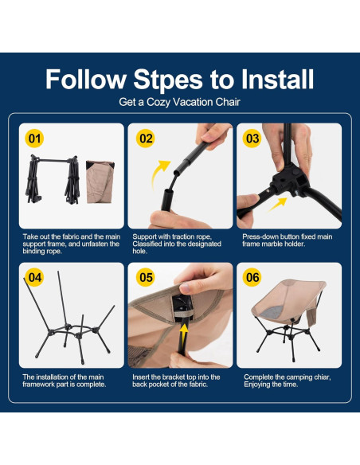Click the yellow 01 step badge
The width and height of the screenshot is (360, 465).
[x=34, y=139]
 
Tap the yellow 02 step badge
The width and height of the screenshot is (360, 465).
[x=145, y=139]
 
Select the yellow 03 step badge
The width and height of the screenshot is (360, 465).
[x=252, y=139]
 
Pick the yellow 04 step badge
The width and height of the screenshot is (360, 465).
[x=35, y=278]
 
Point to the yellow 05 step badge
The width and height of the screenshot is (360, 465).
[x=145, y=278]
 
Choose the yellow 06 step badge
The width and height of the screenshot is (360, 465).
[x=252, y=278]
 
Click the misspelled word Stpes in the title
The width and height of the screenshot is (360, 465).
[x=168, y=80]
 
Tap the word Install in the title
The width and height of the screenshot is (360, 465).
[x=277, y=79]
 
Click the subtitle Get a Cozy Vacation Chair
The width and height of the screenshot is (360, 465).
[x=179, y=102]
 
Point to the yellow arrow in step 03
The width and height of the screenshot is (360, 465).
[x=278, y=204]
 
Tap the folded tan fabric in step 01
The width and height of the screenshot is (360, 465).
[x=100, y=182]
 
